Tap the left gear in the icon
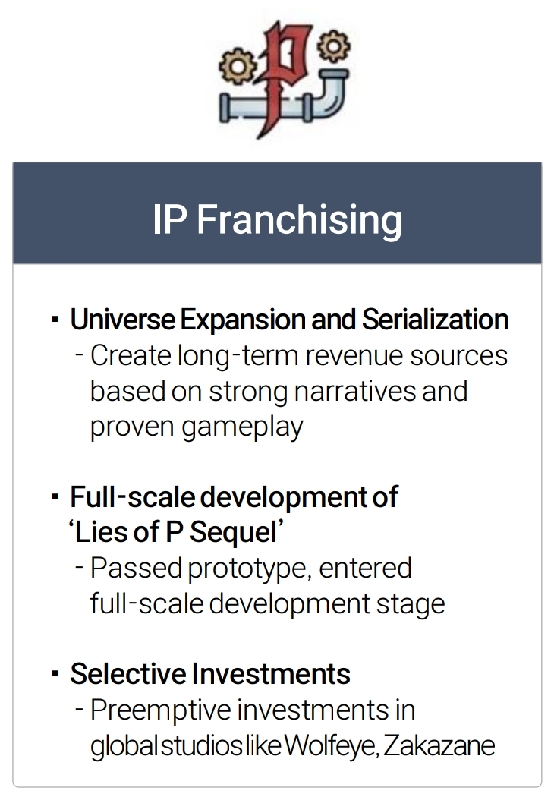click(237, 66)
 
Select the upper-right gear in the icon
click(333, 46)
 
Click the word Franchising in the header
click(299, 221)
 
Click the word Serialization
click(435, 320)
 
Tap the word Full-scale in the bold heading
click(133, 497)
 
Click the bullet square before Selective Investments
click(55, 675)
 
